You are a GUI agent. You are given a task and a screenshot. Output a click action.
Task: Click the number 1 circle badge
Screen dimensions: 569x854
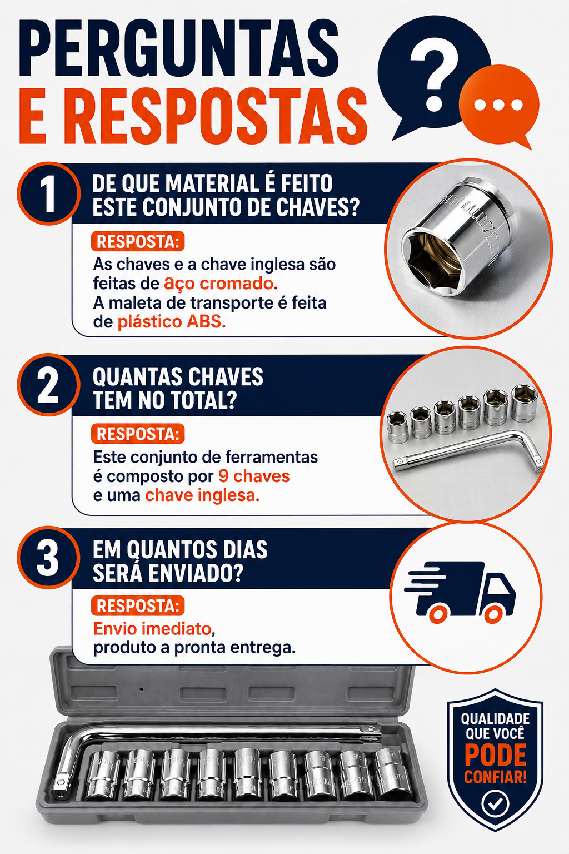pos(48,193)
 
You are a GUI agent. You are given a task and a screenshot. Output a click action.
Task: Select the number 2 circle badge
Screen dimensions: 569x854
pos(48,385)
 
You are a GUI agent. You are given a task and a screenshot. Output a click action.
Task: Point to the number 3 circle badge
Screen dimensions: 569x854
pos(48,558)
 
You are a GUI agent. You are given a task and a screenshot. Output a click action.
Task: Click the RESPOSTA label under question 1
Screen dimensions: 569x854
pos(138,241)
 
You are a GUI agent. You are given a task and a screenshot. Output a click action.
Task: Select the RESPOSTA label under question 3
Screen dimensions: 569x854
pos(138,606)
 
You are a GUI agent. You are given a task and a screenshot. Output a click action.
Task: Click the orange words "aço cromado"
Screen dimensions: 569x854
pos(219,284)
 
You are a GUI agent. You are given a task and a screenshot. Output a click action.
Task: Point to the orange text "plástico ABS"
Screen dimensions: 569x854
pos(172,322)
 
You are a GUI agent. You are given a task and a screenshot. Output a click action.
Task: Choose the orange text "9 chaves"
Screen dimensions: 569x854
pos(254,476)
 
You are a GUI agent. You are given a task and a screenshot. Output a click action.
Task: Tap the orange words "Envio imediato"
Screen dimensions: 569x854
pos(152,629)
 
